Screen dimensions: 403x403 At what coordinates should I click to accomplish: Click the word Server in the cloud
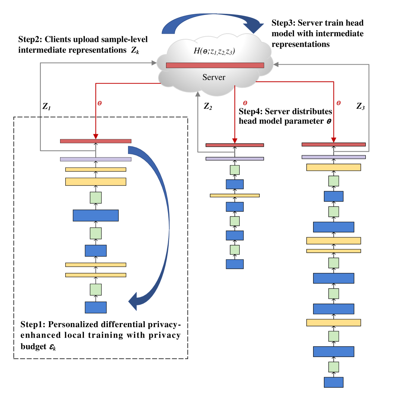[214, 77]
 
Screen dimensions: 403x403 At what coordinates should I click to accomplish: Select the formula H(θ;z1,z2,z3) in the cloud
[214, 51]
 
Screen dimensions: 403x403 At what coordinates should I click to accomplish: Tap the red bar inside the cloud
[215, 65]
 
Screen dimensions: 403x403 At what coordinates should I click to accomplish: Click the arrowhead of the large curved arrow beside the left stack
[133, 301]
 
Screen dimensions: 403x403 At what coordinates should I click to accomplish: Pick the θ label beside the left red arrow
[100, 103]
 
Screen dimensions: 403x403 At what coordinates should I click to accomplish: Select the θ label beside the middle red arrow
[245, 103]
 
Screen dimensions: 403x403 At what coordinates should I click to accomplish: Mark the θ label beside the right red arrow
[338, 103]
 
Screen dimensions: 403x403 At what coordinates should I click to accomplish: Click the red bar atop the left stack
[96, 141]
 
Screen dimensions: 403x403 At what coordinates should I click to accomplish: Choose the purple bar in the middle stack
[235, 159]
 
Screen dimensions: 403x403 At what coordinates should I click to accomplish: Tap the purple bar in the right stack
[334, 157]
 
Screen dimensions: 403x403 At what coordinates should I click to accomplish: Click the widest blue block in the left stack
[96, 216]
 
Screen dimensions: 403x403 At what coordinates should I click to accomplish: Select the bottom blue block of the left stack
[96, 307]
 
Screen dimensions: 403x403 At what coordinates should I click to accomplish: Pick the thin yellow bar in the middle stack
[235, 195]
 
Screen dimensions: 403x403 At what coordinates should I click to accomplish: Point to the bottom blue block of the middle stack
[235, 264]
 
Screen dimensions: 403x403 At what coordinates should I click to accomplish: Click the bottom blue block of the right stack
[334, 382]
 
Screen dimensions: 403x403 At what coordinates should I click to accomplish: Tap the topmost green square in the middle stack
[235, 170]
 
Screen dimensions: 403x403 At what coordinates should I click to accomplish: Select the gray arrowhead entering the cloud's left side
[154, 63]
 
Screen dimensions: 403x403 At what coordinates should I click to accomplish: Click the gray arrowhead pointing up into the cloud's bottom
[198, 94]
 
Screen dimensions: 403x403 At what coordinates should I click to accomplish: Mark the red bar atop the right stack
[334, 145]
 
